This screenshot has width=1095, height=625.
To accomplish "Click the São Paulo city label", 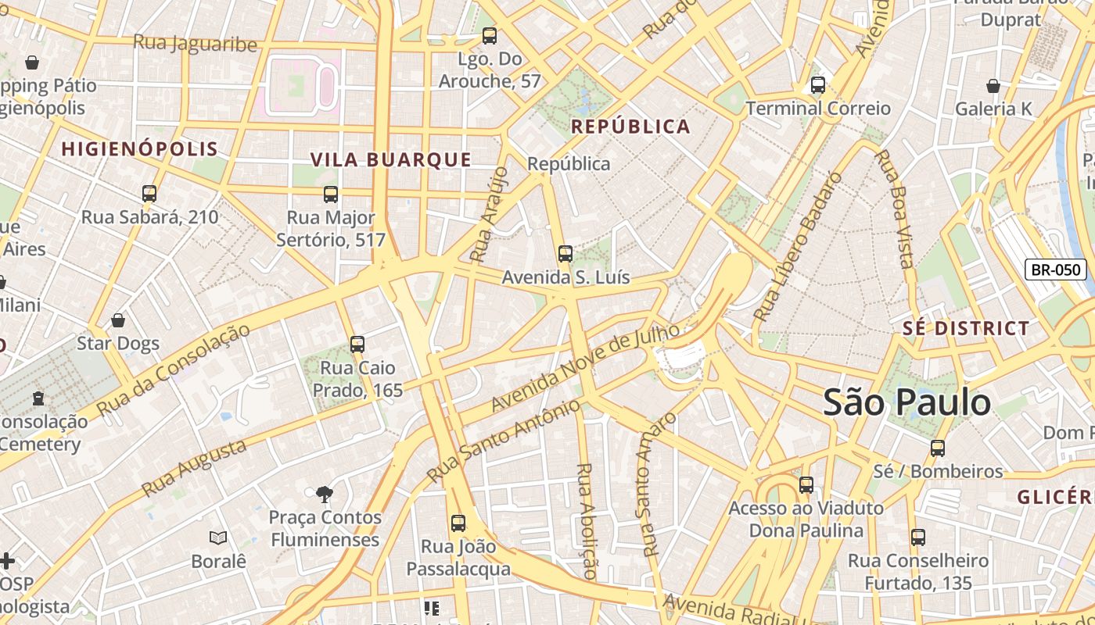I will pyautogui.click(x=907, y=403).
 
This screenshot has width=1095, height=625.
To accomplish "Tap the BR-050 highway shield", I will pyautogui.click(x=1056, y=270).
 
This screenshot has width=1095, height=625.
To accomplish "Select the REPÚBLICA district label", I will pyautogui.click(x=630, y=127).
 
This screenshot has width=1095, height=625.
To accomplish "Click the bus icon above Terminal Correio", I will pyautogui.click(x=818, y=85).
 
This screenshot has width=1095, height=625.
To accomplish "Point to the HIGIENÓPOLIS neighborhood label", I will pyautogui.click(x=139, y=149).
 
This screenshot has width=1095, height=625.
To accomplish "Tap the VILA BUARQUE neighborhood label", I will pyautogui.click(x=391, y=160).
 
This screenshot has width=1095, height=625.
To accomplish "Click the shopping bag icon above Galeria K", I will pyautogui.click(x=993, y=86).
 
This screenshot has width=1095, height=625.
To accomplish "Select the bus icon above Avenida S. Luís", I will pyautogui.click(x=565, y=254).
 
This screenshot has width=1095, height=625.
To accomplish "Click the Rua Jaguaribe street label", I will pyautogui.click(x=195, y=43).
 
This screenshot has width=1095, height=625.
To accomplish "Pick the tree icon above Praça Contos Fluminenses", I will pyautogui.click(x=325, y=494).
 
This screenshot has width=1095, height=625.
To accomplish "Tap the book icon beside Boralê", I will pyautogui.click(x=218, y=537).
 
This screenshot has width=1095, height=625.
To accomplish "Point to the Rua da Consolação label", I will pyautogui.click(x=173, y=369).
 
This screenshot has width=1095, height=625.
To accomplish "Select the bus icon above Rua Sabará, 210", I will pyautogui.click(x=149, y=193).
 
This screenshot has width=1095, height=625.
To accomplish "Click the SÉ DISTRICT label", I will pyautogui.click(x=966, y=328).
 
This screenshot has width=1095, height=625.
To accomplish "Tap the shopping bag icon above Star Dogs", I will pyautogui.click(x=118, y=320).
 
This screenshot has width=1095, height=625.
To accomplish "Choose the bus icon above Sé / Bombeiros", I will pyautogui.click(x=937, y=448).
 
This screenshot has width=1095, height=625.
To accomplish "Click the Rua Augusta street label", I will pyautogui.click(x=194, y=468).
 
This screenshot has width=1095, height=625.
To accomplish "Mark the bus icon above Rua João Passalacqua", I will pyautogui.click(x=458, y=523).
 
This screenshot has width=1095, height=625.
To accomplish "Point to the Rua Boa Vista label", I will pyautogui.click(x=894, y=209).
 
